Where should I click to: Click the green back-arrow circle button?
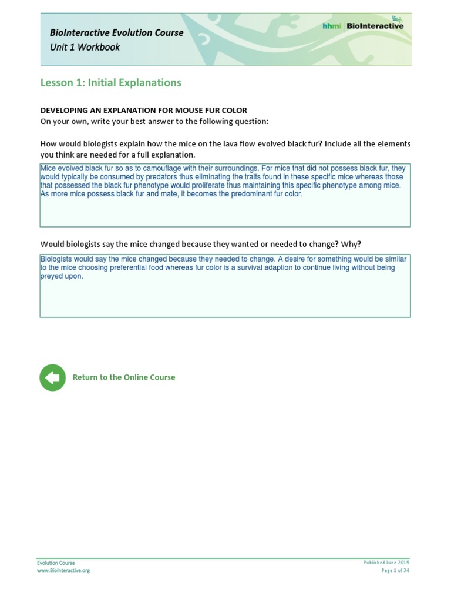coord(53,377)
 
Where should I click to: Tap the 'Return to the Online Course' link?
coord(123,377)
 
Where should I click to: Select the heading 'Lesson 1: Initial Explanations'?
coord(110,83)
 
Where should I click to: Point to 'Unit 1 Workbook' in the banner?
coord(85,47)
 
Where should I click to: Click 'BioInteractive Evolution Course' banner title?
coord(116,32)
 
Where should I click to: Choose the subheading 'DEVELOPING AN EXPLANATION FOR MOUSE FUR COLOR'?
coord(143,111)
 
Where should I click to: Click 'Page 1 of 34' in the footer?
coord(395,570)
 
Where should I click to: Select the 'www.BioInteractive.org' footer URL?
coord(63,570)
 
